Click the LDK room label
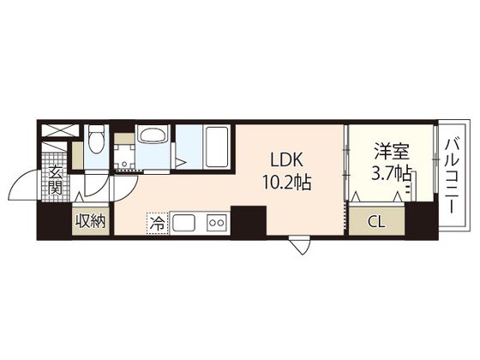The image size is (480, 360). point(287,159)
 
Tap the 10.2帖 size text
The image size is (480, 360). point(287,183)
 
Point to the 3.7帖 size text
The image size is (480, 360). point(391,173)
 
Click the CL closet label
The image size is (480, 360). point(376,222)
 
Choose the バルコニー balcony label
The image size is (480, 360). point(453,176)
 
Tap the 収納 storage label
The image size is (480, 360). point(91,221)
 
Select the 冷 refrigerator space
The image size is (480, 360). point(158,224)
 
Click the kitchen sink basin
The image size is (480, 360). point(184,223)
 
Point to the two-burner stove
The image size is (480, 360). point(217,223)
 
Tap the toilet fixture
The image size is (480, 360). point(97,140)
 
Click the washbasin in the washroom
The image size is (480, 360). point(153,135)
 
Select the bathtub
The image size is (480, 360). point(217,147)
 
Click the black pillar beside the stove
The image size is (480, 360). point(249,222)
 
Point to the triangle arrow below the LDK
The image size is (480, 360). point(300,245)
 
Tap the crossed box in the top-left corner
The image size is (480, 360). point(60,130)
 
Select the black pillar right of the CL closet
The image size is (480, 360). point(421,219)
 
